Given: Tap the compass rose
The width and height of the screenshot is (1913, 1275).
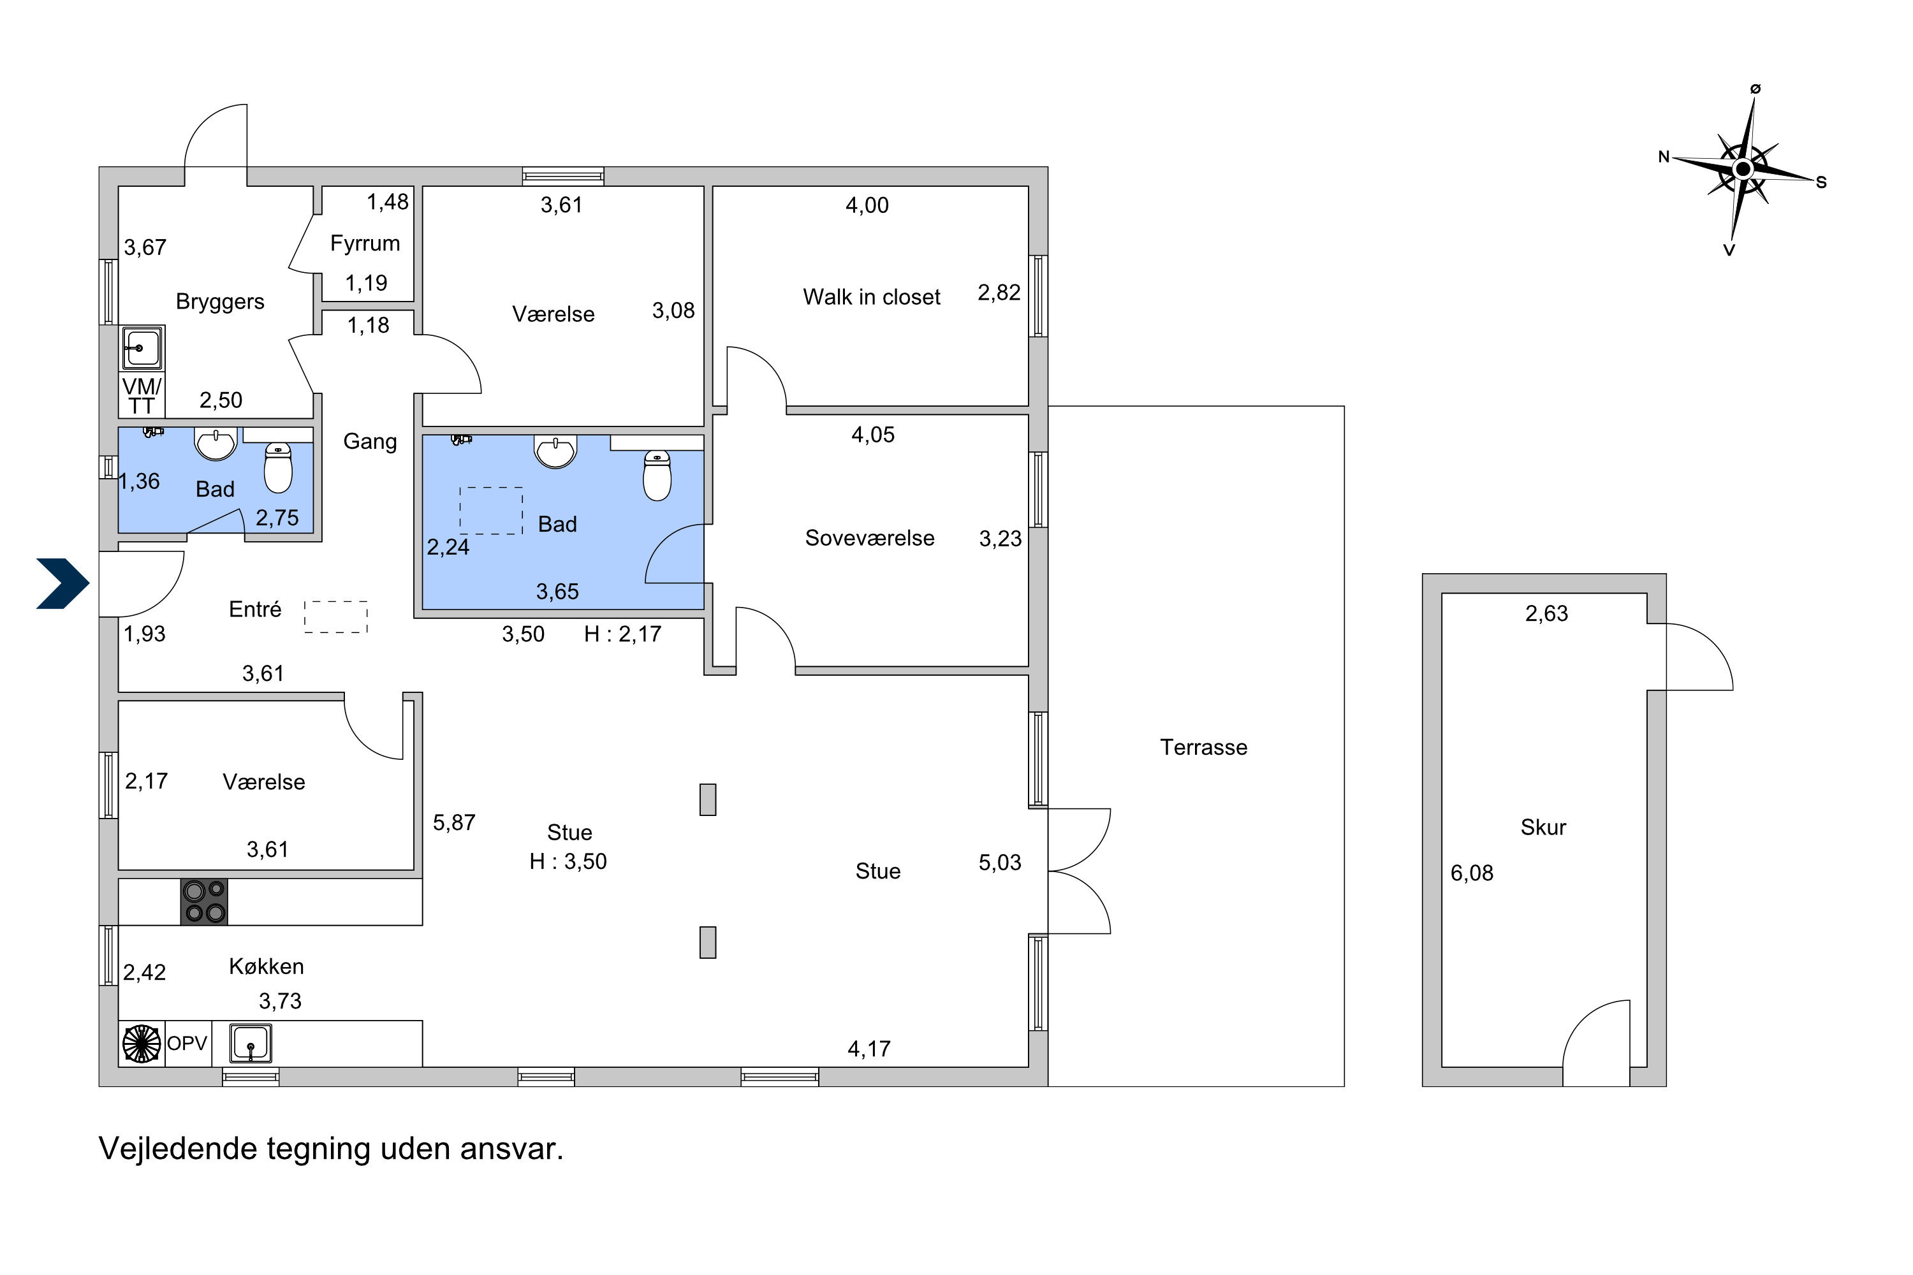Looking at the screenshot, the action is [1742, 169].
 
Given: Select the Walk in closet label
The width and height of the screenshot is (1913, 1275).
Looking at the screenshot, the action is [871, 297].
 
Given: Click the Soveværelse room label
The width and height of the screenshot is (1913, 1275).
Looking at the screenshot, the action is [870, 538].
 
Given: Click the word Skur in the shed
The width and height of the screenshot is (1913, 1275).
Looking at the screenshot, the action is [1543, 827].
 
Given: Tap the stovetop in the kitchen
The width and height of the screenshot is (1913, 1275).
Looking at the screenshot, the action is [204, 902].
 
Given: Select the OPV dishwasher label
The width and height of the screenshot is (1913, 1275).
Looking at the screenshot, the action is [187, 1043].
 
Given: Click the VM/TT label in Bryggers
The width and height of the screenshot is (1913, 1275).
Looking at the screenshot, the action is [142, 396].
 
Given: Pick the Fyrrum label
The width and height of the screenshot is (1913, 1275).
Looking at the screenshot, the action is [365, 243].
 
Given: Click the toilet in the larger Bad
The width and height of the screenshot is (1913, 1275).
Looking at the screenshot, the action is [657, 476].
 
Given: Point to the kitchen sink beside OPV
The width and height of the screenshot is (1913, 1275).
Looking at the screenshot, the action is [250, 1043].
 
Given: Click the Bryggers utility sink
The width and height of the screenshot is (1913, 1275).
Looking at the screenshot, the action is [142, 348].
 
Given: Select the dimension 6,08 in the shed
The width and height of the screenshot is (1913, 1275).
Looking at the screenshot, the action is [1472, 873].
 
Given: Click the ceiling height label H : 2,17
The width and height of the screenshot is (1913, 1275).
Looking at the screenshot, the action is [622, 634].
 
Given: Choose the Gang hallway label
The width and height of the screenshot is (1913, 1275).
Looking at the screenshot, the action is [370, 442].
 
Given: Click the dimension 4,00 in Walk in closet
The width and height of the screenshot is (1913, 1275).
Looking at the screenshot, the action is [867, 205].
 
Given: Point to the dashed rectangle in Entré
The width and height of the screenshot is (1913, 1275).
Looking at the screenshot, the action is [336, 616].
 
